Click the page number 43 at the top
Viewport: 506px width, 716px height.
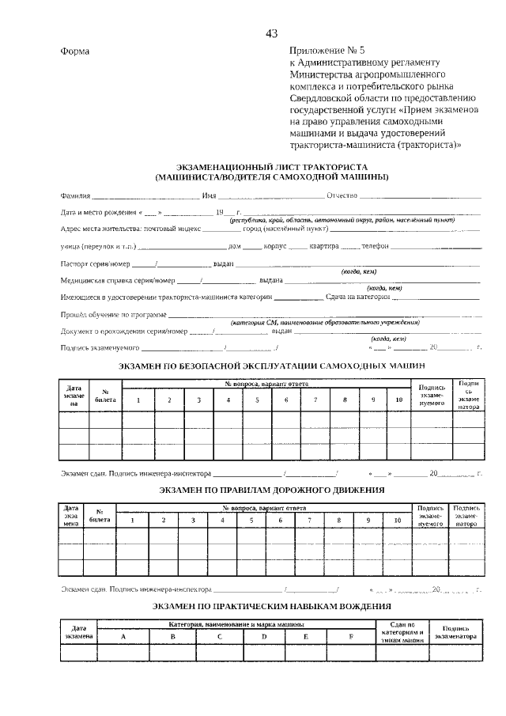(271, 33)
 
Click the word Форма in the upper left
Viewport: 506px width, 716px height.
(75, 51)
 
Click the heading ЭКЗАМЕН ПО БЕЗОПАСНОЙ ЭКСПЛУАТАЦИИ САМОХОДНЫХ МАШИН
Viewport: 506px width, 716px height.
(271, 366)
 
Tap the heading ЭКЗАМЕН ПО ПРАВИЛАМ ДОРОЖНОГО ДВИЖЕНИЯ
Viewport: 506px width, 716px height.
(271, 490)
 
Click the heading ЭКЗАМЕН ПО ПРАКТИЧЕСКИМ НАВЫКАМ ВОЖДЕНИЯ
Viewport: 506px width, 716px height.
(271, 606)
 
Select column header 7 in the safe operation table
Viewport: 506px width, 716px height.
(315, 400)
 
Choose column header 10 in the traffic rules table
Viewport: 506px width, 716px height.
(397, 520)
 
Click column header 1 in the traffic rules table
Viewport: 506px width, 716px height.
(133, 520)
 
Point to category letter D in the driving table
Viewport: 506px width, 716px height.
(264, 636)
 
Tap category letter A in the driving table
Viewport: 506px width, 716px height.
(123, 636)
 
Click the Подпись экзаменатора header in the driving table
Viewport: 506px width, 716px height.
(456, 631)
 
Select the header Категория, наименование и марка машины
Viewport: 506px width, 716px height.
(236, 625)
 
